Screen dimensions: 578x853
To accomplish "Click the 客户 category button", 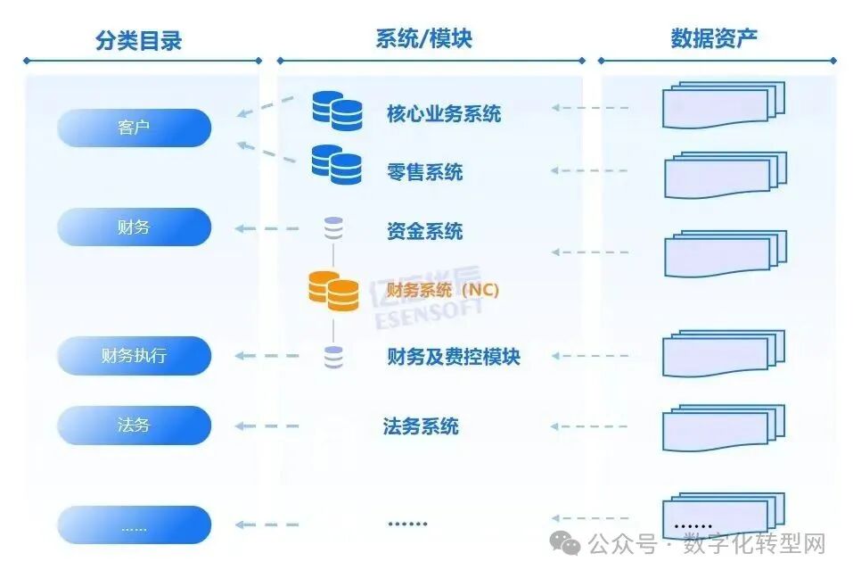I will point(134,128).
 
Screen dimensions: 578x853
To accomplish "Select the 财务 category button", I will point(134,227).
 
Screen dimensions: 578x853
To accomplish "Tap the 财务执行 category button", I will point(134,356).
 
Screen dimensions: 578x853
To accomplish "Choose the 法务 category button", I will point(134,425).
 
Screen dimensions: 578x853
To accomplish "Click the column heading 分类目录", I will point(138,39).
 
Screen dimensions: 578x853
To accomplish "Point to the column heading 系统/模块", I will point(423,38).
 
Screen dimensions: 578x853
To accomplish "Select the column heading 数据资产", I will point(714,38).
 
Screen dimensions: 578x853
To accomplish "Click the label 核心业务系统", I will point(443,113).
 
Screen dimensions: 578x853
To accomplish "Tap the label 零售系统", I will point(424,172).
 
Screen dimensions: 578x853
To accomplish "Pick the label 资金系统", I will point(424,232).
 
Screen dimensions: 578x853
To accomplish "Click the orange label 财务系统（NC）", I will point(442,291).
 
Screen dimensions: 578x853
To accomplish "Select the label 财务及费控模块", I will point(453,357).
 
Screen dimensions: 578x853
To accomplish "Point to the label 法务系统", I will point(421,426).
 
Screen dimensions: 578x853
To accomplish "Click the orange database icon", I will point(333,291).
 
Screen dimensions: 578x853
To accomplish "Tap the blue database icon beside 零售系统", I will point(336,164).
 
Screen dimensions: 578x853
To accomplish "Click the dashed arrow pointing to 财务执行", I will point(267,357).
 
